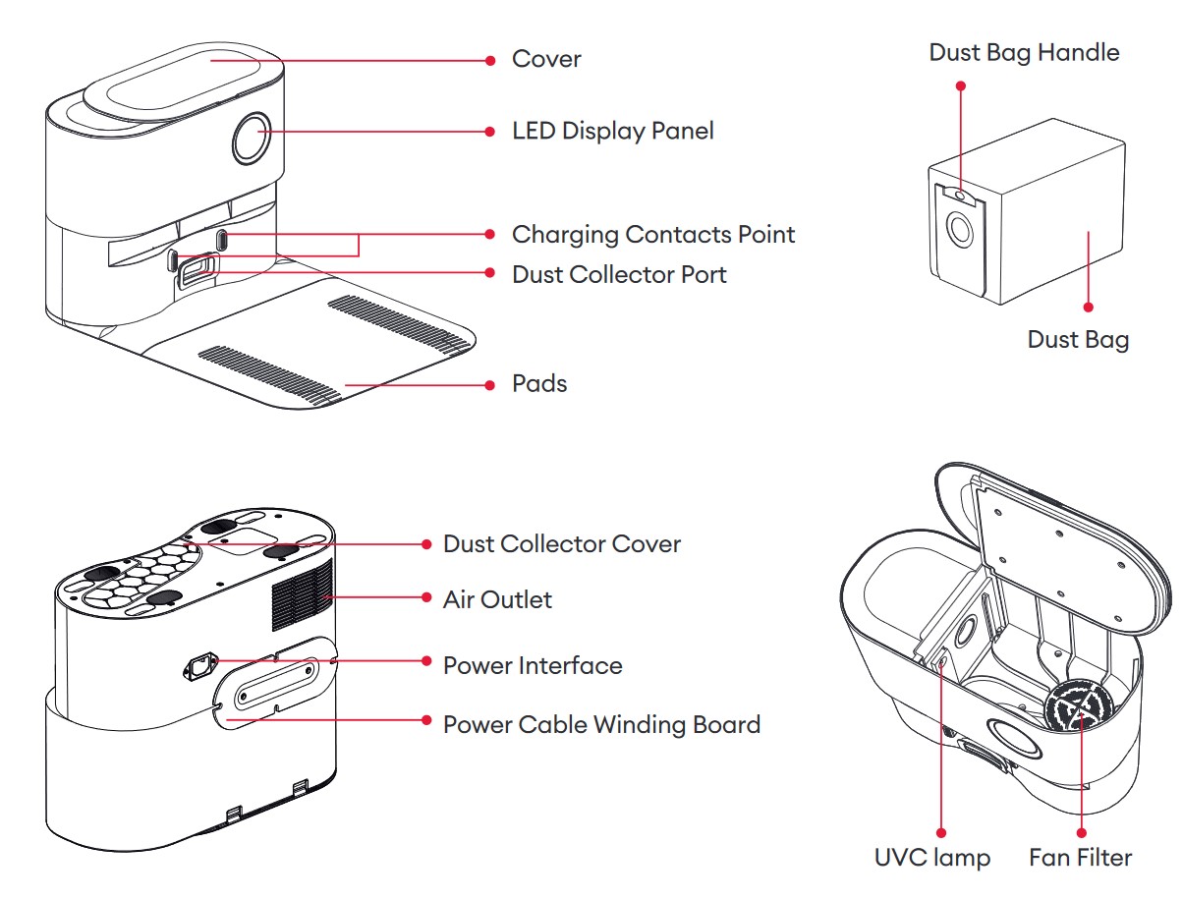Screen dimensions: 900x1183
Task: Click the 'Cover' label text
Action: (x=546, y=59)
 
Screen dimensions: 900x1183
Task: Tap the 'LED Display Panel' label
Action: (x=613, y=131)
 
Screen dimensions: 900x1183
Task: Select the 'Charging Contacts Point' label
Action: (x=653, y=235)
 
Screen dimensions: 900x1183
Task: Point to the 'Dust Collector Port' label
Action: (x=619, y=274)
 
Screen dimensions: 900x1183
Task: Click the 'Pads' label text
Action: (x=539, y=383)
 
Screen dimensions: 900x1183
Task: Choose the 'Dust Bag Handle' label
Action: (x=1024, y=52)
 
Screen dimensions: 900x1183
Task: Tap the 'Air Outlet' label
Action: (x=497, y=599)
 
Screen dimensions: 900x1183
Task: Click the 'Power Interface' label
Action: (x=533, y=665)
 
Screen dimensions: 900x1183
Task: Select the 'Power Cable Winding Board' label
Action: (x=601, y=725)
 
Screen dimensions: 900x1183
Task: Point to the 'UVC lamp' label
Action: (x=932, y=857)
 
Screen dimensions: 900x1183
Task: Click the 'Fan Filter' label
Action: (x=1080, y=857)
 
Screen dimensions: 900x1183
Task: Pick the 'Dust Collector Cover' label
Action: (x=562, y=544)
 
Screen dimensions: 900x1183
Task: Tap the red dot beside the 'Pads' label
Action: (x=490, y=385)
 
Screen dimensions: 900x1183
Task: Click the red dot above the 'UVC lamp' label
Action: (x=941, y=831)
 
